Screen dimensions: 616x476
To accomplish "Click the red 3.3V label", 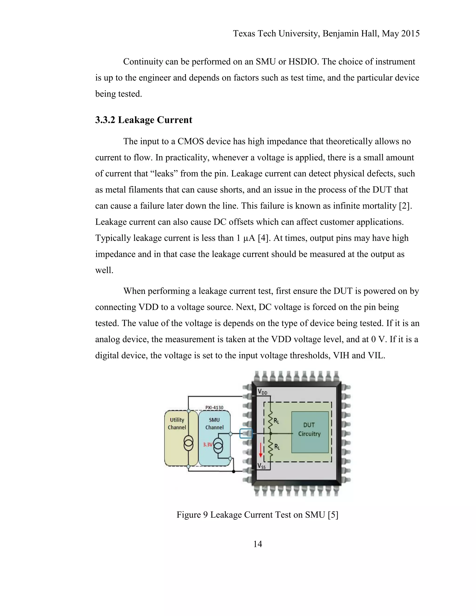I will pos(208,445).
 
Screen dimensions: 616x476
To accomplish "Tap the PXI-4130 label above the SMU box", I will pos(214,407).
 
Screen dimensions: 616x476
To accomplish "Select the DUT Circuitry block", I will pos(310,429).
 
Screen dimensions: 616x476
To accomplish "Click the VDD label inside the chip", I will pos(262,392).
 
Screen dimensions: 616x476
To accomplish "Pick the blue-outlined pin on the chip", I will pos(246,434).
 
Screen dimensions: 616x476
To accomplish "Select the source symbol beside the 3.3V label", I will pos(218,446).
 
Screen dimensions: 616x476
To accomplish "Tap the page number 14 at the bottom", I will pos(258,544).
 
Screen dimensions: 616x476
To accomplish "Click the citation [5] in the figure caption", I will pos(333,515).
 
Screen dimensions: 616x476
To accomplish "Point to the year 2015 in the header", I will pos(410,33).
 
